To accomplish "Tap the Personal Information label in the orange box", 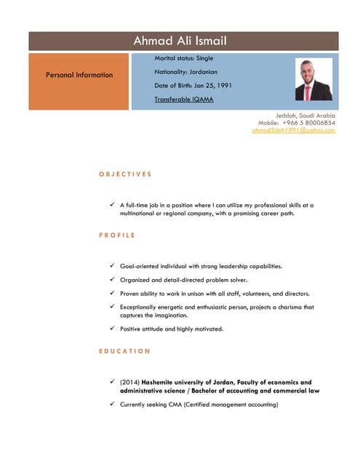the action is coord(79,75).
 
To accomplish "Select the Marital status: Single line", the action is coord(184,58).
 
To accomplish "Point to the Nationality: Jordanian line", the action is coord(187,72).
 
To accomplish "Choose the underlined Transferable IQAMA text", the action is coord(184,99).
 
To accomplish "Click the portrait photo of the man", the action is coord(313,80).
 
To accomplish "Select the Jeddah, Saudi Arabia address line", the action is coord(305,116).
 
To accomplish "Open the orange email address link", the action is coord(293,130).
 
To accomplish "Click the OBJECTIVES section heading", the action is coord(125,174).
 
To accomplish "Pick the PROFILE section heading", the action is coord(117,235).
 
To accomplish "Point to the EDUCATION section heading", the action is coord(124,351).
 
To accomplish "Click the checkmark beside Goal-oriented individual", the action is coord(111,266).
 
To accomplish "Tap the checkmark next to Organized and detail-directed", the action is coord(111,280).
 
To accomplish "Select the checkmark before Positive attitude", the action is coord(111,328).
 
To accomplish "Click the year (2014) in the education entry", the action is coord(129,382).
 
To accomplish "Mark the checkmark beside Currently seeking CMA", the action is coord(111,404).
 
